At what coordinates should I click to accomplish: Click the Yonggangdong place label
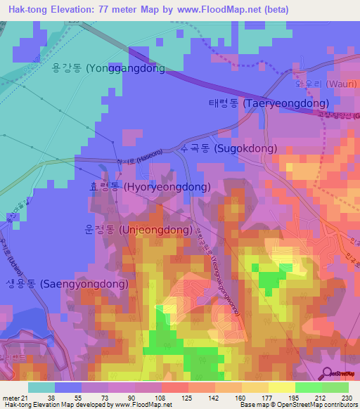[108, 69]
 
